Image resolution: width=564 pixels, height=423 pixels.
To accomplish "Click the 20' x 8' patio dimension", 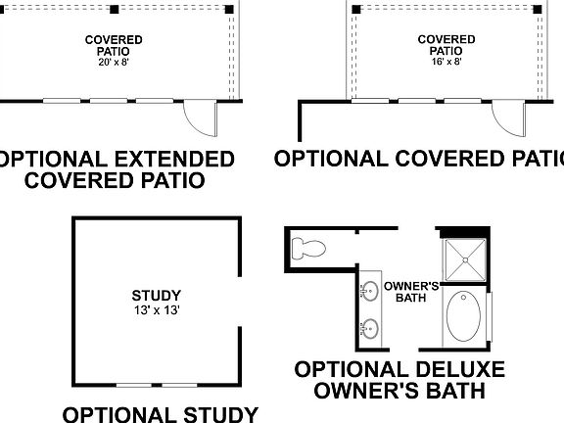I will tap(113, 63).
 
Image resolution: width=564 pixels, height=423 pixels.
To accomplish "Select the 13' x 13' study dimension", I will tap(156, 309).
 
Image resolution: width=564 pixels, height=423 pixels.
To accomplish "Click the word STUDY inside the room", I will tap(156, 294).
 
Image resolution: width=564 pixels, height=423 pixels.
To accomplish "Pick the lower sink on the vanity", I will tap(370, 328).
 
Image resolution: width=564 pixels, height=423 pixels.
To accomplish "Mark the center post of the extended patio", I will tap(115, 9).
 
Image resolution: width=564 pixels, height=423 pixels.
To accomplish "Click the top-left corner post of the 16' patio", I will tap(353, 9).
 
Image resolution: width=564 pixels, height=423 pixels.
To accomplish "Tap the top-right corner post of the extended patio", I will tap(231, 9).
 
